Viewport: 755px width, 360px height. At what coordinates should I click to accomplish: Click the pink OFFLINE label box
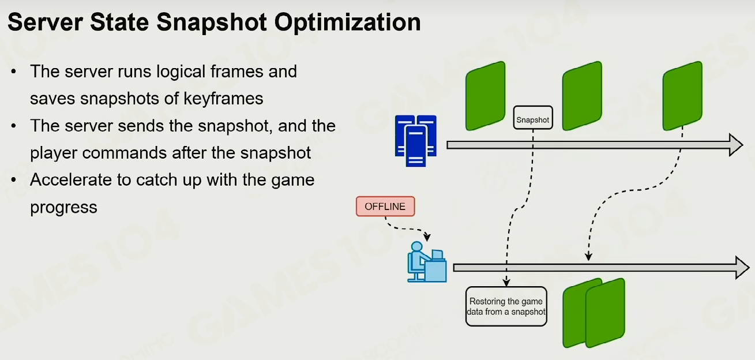(385, 207)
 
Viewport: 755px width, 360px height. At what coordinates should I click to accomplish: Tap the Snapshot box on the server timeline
(533, 118)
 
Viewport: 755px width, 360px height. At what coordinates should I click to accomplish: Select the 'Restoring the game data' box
(506, 306)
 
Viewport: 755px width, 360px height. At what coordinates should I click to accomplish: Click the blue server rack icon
(416, 141)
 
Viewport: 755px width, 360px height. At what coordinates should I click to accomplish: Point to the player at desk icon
(427, 262)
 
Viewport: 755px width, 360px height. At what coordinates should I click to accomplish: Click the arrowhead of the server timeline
(736, 145)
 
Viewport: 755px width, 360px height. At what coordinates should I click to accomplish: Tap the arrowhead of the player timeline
(742, 268)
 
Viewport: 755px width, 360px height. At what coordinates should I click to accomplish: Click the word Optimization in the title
(347, 22)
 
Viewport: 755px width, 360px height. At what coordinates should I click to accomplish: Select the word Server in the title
(45, 22)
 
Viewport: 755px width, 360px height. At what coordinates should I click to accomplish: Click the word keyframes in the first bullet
(223, 99)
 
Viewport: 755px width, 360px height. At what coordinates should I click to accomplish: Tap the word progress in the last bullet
(63, 208)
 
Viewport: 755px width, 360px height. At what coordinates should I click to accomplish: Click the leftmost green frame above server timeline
(486, 96)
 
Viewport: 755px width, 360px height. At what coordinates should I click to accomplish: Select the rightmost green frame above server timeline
(682, 96)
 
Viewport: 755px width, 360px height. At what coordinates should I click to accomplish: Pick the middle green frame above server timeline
(582, 96)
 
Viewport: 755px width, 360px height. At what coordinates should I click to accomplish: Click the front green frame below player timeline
(606, 313)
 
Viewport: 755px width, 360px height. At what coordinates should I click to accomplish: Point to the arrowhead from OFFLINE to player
(427, 237)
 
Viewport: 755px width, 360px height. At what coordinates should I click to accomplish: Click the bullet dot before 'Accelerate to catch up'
(13, 179)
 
